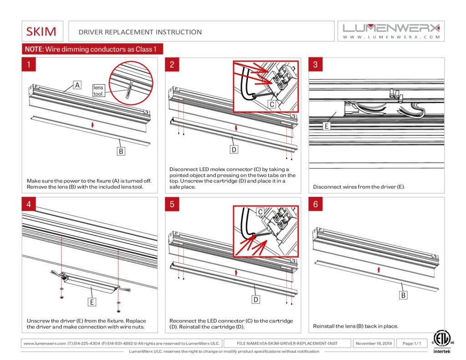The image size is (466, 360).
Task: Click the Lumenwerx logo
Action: click(391, 30)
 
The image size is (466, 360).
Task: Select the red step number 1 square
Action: click(29, 65)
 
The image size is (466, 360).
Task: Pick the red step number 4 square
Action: click(29, 204)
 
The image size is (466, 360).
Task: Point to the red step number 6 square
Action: click(315, 204)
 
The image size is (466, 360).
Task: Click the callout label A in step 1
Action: click(77, 85)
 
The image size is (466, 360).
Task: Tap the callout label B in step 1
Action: click(121, 151)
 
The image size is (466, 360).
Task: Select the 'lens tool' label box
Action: click(99, 90)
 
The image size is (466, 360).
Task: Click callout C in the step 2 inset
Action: click(271, 104)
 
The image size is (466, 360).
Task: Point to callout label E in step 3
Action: click(326, 126)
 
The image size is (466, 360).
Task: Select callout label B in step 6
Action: click(403, 296)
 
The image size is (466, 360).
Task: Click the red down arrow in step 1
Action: click(92, 124)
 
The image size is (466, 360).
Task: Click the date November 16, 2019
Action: click(374, 343)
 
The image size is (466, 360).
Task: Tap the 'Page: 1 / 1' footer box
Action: click(411, 343)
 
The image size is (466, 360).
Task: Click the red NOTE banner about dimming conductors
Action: click(92, 49)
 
